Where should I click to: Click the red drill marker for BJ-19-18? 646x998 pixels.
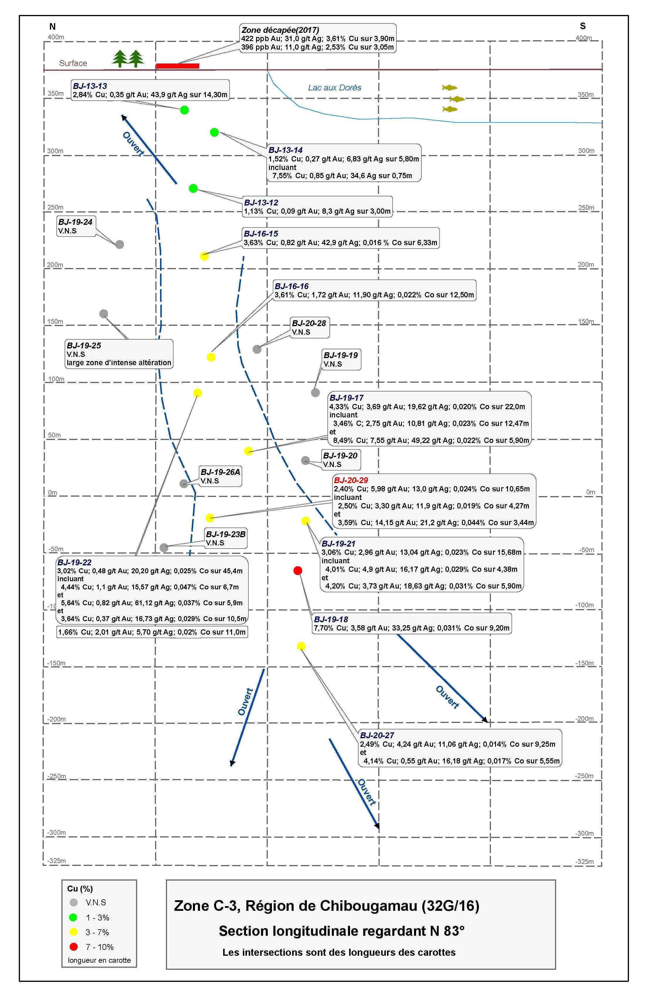pyautogui.click(x=298, y=570)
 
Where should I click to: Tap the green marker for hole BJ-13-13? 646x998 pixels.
pyautogui.click(x=184, y=110)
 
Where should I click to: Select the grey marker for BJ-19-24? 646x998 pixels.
pyautogui.click(x=120, y=245)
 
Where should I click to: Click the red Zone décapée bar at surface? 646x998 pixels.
pyautogui.click(x=177, y=66)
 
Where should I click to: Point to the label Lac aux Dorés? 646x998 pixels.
pyautogui.click(x=334, y=88)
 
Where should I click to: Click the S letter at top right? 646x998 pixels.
pyautogui.click(x=583, y=26)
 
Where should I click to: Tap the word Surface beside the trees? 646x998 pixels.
pyautogui.click(x=73, y=63)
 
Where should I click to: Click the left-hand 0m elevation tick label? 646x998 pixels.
pyautogui.click(x=53, y=493)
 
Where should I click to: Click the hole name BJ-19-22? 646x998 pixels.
pyautogui.click(x=74, y=562)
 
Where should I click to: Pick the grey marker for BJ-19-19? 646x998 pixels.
pyautogui.click(x=315, y=393)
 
